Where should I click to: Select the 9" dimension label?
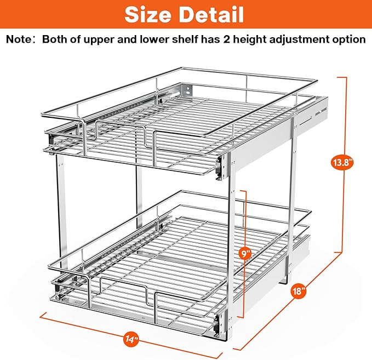click(x=246, y=254)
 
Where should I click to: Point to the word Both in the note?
click(x=54, y=39)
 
